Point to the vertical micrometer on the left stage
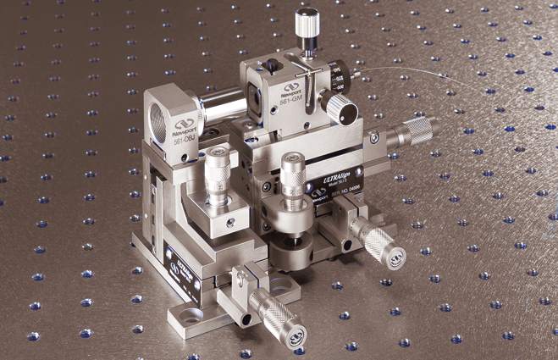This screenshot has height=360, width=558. coord(218,174)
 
